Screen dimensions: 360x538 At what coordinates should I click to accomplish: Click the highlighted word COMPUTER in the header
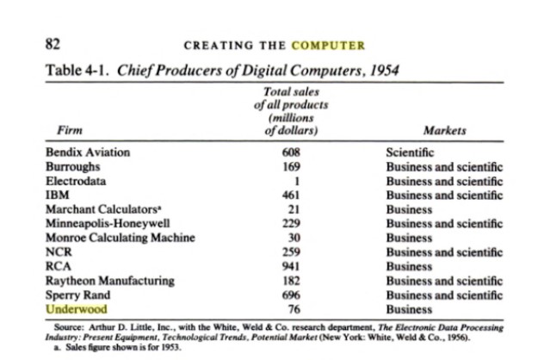[329, 45]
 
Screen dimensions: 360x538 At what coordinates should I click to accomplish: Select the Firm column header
[62, 131]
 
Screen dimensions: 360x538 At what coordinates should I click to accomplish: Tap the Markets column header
[444, 131]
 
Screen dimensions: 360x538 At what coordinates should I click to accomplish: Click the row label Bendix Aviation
[88, 152]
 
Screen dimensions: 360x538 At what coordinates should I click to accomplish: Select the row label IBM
[56, 195]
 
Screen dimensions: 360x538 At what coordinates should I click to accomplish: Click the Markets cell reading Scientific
[411, 152]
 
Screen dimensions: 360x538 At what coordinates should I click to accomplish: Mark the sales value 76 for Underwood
[291, 307]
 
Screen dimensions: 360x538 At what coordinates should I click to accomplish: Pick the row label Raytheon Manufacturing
[109, 280]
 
